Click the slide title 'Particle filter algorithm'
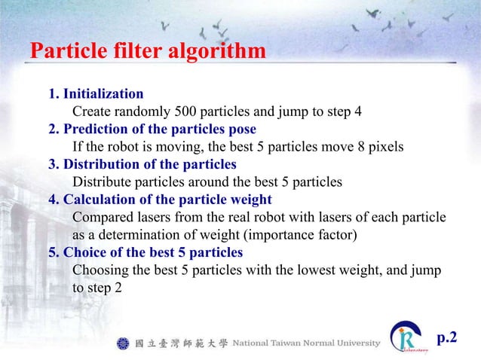tap(148, 52)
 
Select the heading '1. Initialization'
tap(96, 94)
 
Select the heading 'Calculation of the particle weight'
tap(167, 200)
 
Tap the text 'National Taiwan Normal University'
tap(306, 344)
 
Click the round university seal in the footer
tap(124, 344)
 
